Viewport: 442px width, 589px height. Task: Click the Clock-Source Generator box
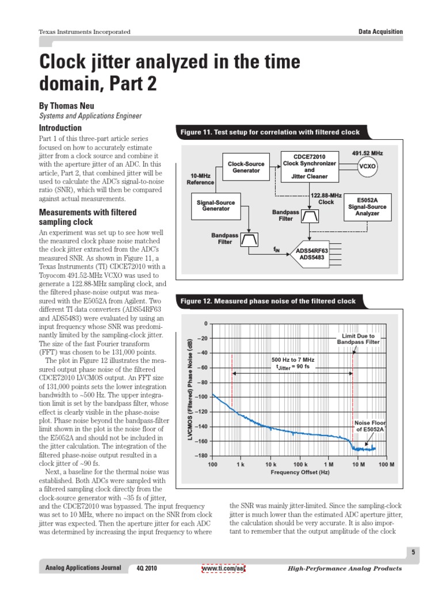pos(246,167)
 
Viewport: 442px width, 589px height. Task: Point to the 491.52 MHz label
pos(367,154)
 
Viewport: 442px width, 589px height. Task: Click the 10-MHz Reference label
pos(200,179)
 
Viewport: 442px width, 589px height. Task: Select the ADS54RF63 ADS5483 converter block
pos(312,254)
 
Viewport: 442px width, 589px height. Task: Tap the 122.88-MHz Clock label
pos(326,199)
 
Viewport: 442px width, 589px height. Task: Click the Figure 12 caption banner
pos(268,301)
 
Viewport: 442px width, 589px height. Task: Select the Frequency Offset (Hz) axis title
pos(300,472)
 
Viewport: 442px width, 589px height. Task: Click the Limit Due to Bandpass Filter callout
pos(358,339)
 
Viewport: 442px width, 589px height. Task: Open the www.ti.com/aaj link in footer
pos(223,568)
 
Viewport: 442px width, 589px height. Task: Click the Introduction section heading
pos(60,128)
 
